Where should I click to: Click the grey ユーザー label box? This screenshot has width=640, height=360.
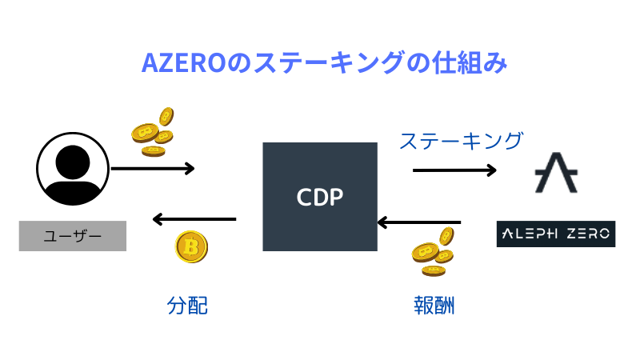tap(73, 236)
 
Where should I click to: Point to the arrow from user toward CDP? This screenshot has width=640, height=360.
tap(152, 168)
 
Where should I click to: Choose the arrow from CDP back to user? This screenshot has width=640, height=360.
tap(194, 218)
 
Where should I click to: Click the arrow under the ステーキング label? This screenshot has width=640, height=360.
tap(454, 170)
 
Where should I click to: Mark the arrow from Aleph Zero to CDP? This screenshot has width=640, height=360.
tap(418, 222)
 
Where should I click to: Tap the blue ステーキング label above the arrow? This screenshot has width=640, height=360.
tap(461, 141)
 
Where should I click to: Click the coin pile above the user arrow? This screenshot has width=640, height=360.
tap(153, 131)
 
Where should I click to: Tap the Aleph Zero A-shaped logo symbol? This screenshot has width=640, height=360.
tap(556, 171)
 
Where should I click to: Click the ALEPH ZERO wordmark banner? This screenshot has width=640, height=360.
tap(556, 233)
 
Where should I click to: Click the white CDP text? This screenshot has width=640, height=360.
tap(320, 196)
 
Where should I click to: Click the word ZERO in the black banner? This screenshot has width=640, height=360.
tap(586, 233)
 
